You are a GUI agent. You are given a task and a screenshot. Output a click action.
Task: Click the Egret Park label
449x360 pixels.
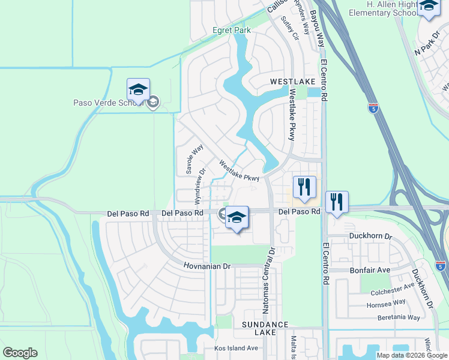click(x=231, y=30)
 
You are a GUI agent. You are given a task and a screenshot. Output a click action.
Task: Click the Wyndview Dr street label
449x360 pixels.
click(x=199, y=187)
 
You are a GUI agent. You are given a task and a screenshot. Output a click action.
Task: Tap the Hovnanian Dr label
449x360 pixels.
click(x=207, y=266)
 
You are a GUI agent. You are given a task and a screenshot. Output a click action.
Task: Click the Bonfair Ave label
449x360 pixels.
click(x=370, y=271)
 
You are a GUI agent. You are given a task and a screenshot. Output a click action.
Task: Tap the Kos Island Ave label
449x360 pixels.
click(x=236, y=348)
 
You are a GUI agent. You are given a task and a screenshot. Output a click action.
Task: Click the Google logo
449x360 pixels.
click(x=20, y=353)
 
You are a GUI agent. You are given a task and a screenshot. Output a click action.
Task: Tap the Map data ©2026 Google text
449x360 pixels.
click(x=412, y=355)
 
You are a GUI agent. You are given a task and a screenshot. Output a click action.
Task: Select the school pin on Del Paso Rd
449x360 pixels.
click(x=237, y=217)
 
